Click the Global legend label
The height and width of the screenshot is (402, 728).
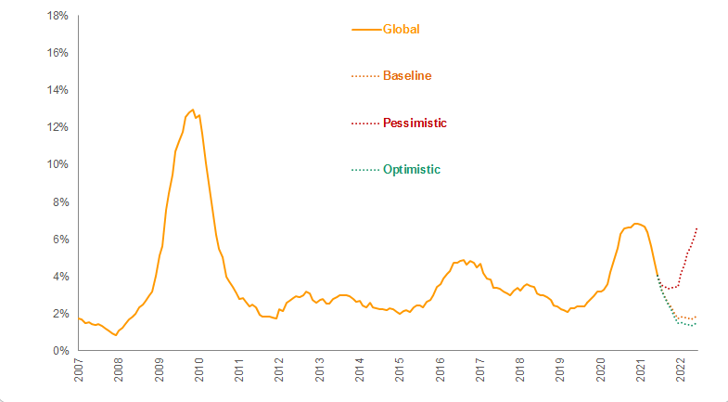402,29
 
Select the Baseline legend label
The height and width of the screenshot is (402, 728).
407,75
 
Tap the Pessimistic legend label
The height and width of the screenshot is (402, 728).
415,123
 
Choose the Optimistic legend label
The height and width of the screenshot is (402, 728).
411,169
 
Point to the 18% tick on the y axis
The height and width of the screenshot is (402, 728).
57,16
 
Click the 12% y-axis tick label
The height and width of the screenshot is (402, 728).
57,127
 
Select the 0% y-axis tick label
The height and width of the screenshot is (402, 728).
60,351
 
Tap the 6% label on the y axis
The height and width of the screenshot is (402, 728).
60,239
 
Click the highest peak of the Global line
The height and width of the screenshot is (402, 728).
192,110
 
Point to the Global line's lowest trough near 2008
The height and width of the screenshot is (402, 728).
115,335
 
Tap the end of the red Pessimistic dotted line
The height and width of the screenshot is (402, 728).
696,227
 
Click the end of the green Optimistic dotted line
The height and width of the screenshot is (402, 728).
696,323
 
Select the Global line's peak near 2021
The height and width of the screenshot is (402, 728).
636,224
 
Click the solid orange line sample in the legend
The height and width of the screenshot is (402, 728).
366,29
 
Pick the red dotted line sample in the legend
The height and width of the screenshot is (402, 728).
366,123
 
